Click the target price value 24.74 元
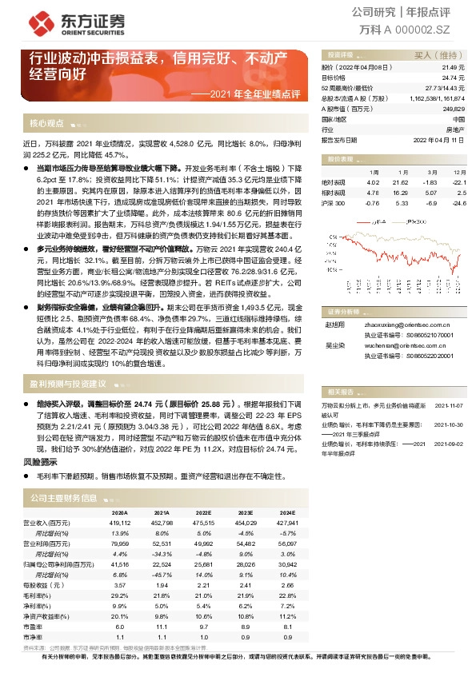(453, 78)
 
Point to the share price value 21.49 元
(453, 69)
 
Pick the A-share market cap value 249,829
(453, 108)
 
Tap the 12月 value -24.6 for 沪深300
(458, 203)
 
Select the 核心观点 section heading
(46, 124)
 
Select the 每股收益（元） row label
(54, 586)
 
